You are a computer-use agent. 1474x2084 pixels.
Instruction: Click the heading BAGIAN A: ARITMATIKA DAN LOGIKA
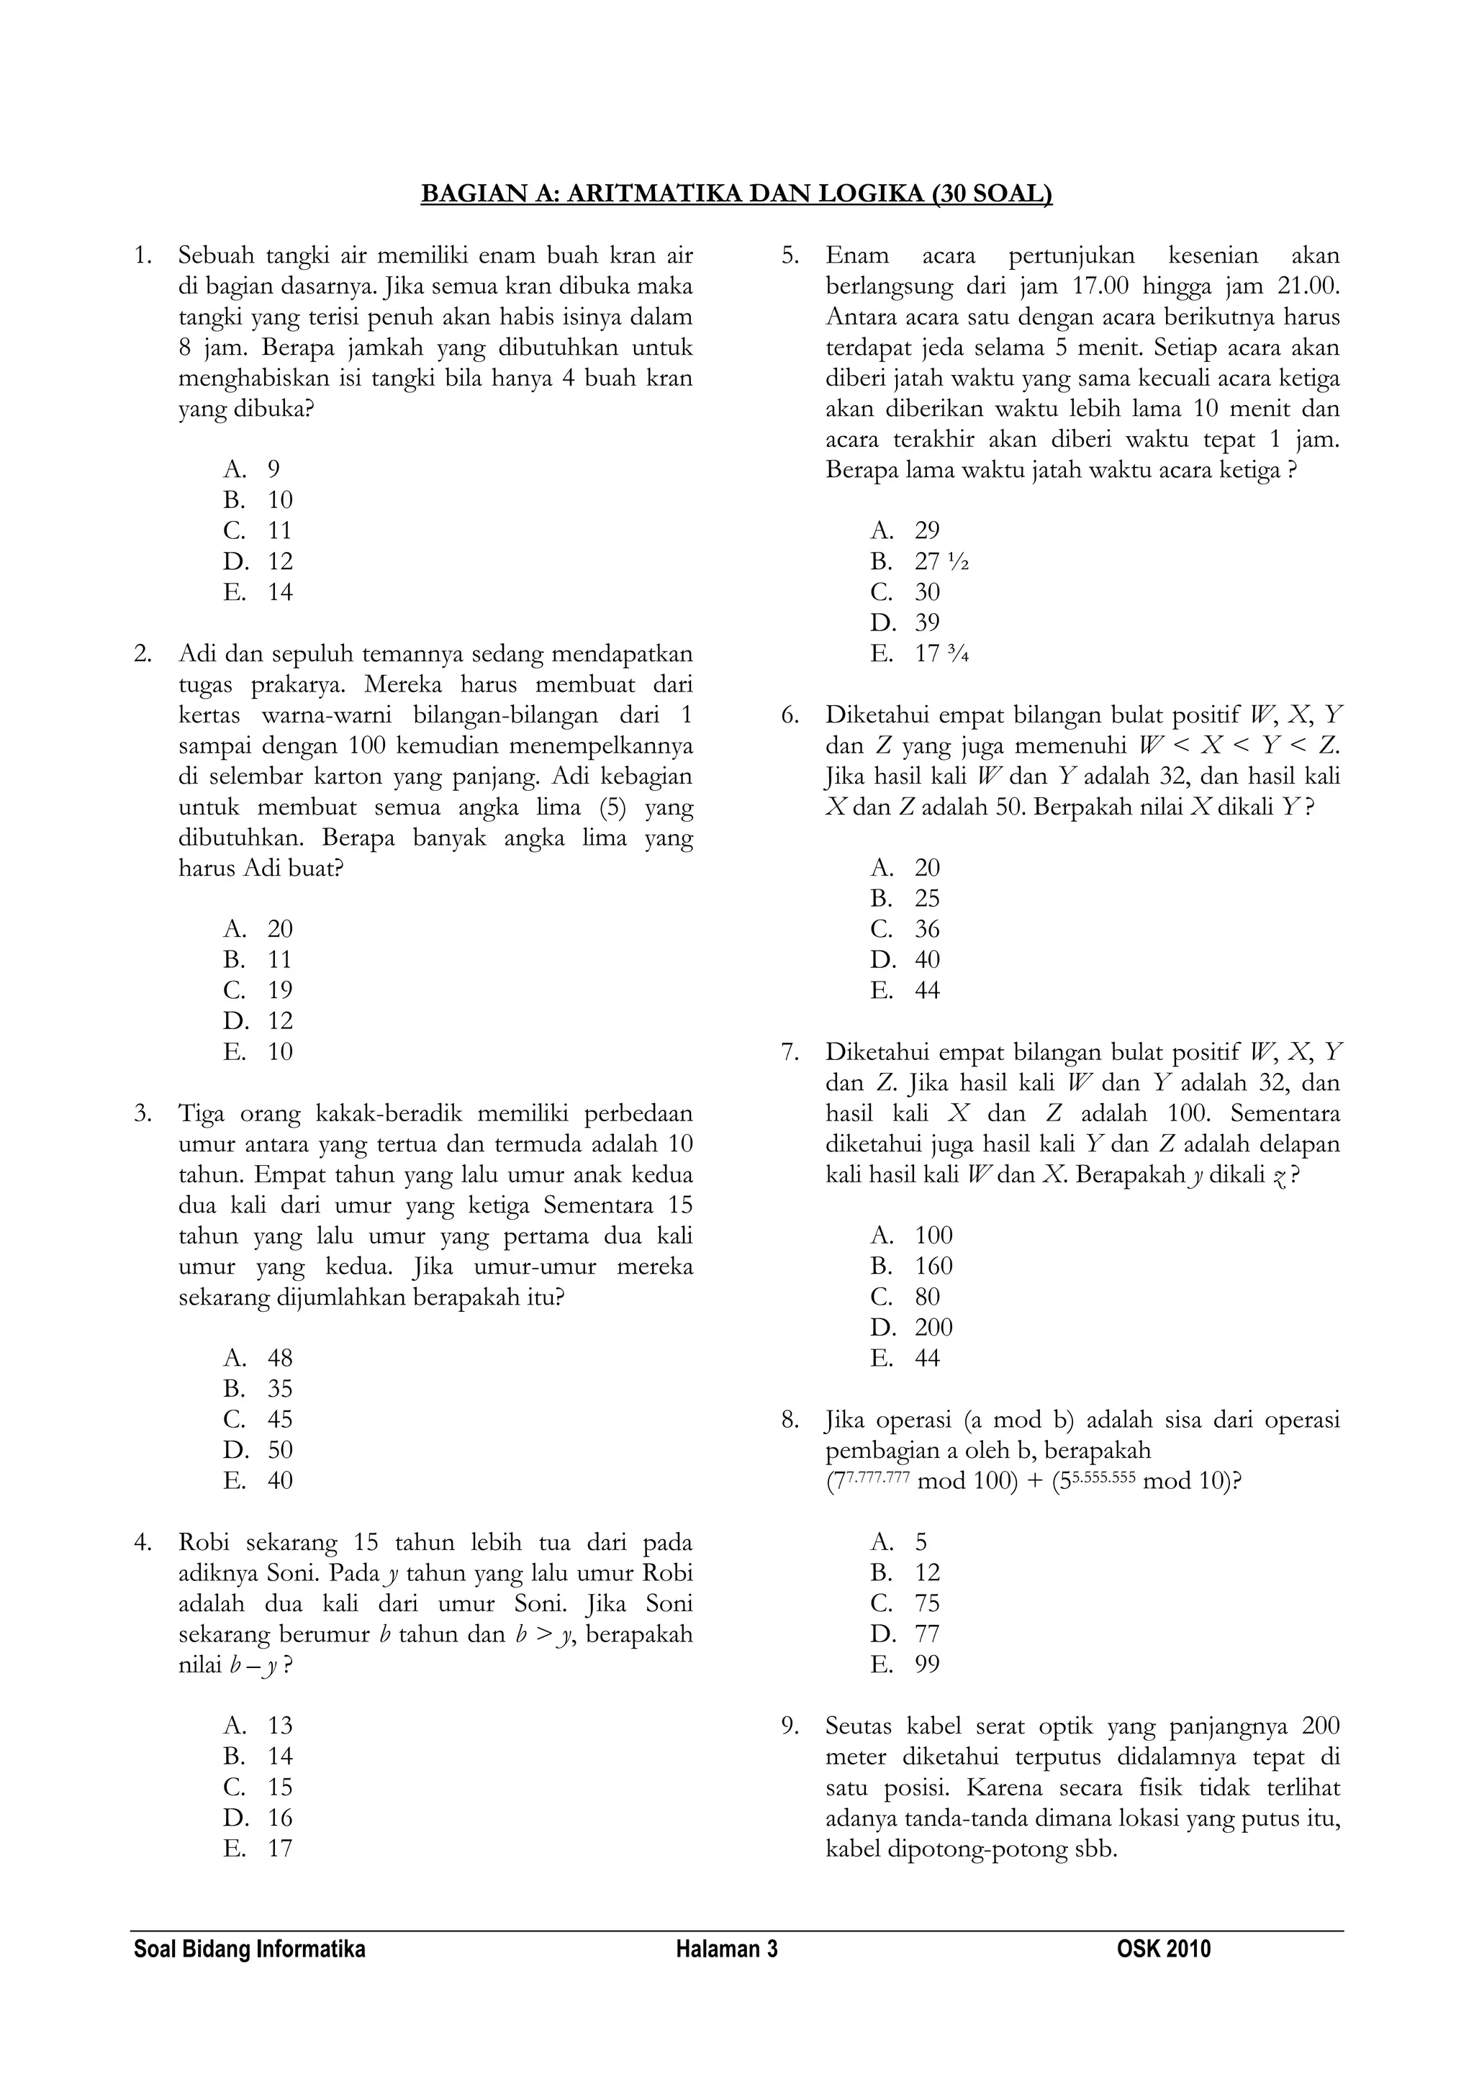pos(736,194)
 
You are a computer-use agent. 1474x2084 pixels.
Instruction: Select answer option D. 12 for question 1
pos(258,561)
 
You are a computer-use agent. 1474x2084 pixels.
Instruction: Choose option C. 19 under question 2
pos(258,990)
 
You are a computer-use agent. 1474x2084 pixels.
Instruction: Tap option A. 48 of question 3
pos(258,1358)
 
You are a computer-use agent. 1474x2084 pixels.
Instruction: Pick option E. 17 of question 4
pos(258,1849)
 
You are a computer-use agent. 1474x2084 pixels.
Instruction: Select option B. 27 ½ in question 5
pos(918,561)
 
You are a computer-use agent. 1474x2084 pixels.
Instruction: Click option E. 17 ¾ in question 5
pos(918,653)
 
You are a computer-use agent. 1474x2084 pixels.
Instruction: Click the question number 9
pos(789,1726)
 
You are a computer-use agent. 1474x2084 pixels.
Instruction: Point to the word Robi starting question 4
pos(208,1542)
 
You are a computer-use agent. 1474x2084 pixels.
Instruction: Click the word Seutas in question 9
pos(859,1726)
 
